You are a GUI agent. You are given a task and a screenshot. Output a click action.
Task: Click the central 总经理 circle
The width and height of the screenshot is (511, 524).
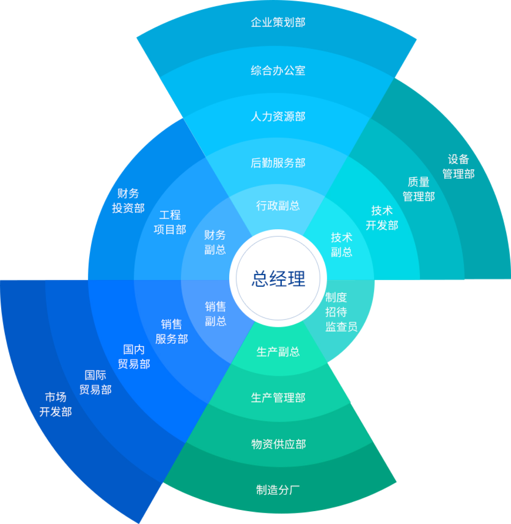[x=278, y=278]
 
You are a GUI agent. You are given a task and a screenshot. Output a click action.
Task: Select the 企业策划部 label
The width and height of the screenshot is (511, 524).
[x=278, y=22]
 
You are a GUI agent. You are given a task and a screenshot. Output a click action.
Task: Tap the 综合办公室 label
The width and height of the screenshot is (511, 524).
[x=278, y=71]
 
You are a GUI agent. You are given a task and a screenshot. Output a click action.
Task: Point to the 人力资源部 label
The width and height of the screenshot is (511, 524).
[x=278, y=116]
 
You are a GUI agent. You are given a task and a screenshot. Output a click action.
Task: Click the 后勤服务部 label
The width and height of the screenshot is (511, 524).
[x=278, y=163]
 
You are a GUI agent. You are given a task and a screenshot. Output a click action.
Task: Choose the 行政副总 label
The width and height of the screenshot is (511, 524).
[x=278, y=206]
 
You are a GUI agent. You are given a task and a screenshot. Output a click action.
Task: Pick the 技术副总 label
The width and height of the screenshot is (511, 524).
[x=341, y=245]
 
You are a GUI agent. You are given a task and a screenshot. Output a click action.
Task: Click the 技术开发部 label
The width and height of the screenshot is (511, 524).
[x=382, y=218]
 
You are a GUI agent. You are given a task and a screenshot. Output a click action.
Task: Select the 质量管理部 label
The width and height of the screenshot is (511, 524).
[x=419, y=189]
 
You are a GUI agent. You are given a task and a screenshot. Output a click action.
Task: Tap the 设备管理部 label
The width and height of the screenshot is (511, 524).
[x=458, y=167]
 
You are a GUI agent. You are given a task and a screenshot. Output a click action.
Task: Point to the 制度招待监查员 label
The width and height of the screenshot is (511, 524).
[x=341, y=312]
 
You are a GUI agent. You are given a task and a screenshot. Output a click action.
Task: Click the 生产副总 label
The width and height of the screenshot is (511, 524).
[x=278, y=352]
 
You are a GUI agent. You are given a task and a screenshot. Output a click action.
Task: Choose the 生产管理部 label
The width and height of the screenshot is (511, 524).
[x=278, y=398]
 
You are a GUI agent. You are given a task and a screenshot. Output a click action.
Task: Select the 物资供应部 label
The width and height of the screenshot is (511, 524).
[x=278, y=444]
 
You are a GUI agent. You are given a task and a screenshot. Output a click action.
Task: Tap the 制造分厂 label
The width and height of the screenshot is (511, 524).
[x=278, y=489]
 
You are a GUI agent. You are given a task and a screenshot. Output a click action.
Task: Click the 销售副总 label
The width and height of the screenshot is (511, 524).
[x=216, y=314]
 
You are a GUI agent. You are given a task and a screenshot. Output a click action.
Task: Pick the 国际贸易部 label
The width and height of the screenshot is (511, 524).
[x=96, y=382]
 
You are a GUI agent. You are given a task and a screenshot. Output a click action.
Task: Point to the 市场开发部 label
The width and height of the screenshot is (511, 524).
[x=56, y=404]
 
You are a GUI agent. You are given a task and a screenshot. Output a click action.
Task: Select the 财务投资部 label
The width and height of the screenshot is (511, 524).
[x=128, y=201]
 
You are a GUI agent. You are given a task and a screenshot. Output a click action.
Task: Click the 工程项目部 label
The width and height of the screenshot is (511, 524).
[x=170, y=222]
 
